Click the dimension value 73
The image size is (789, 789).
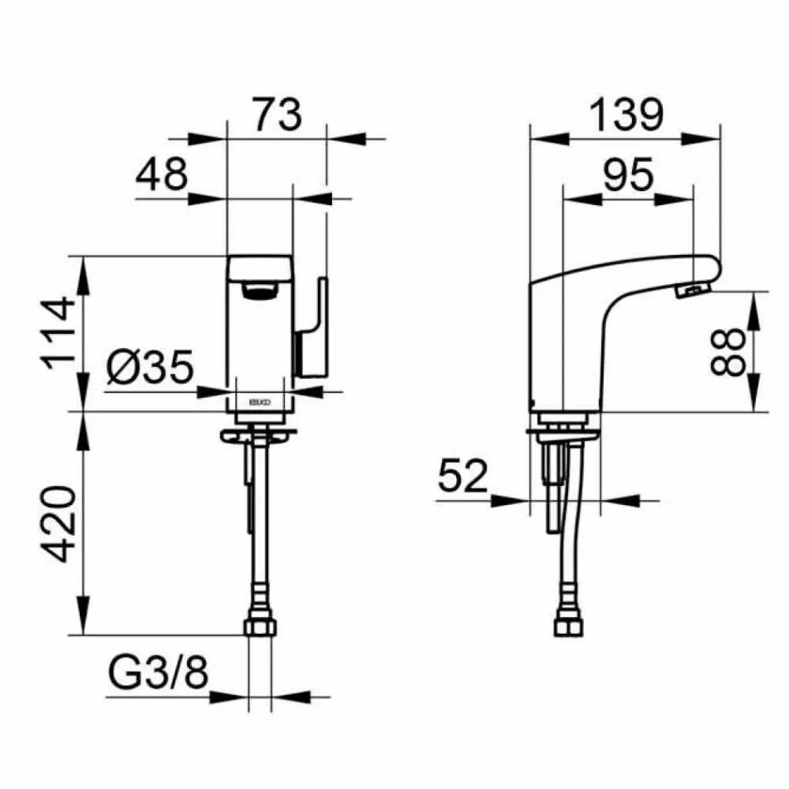tap(277, 115)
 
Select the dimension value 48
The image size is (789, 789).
tap(163, 176)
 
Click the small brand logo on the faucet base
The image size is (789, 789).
tap(259, 402)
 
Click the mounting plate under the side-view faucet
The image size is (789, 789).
tap(563, 433)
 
